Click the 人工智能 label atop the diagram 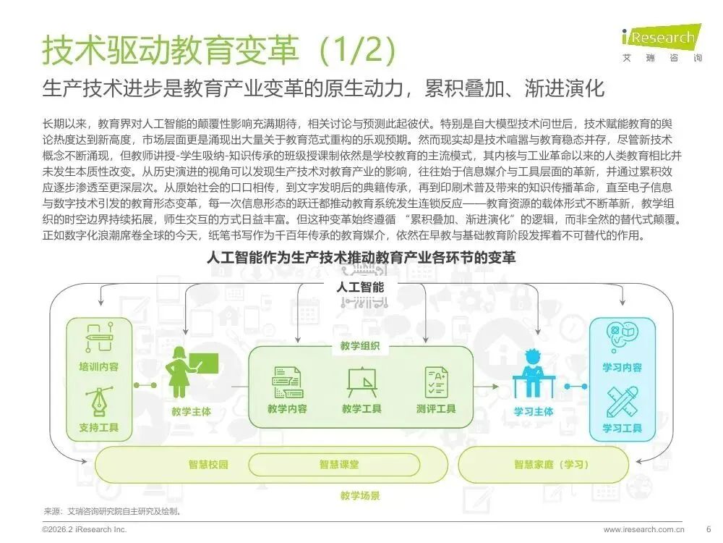tap(360, 287)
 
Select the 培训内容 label tap(99, 366)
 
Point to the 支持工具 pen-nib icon tap(99, 400)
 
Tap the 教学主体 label tap(192, 411)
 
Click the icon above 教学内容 tap(287, 381)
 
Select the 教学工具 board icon tap(361, 381)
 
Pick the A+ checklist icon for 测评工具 tap(437, 381)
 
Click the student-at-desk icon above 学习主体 tap(533, 374)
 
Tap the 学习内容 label tap(622, 367)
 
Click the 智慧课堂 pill tap(339, 464)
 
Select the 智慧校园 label tap(209, 464)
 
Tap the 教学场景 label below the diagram tap(360, 496)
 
